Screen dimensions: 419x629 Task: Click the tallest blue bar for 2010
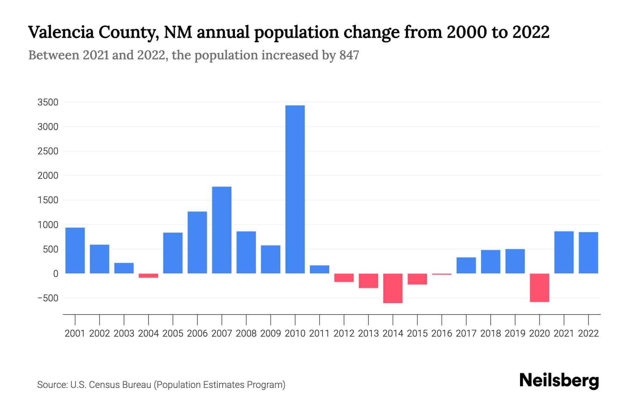pos(295,189)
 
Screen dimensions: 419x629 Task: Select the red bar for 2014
pos(393,288)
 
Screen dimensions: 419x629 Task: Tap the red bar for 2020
pos(539,287)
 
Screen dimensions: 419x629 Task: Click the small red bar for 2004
pos(148,275)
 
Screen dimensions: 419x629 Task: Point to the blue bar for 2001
pos(75,250)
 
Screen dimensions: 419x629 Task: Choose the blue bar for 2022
pos(588,252)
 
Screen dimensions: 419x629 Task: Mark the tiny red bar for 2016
pos(442,274)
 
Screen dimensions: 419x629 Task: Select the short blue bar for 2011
pos(319,269)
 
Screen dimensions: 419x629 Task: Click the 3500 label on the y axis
pos(48,102)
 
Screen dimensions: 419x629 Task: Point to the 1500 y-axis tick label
pos(48,200)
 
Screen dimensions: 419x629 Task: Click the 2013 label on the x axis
pos(368,333)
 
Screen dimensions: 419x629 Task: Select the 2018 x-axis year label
pos(490,333)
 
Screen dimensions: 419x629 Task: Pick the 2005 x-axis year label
pos(173,333)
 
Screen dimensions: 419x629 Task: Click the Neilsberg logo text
pos(559,381)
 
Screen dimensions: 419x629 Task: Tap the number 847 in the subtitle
pos(349,55)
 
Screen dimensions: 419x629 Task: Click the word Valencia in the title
pos(61,32)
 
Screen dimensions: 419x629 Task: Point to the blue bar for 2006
pos(197,242)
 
